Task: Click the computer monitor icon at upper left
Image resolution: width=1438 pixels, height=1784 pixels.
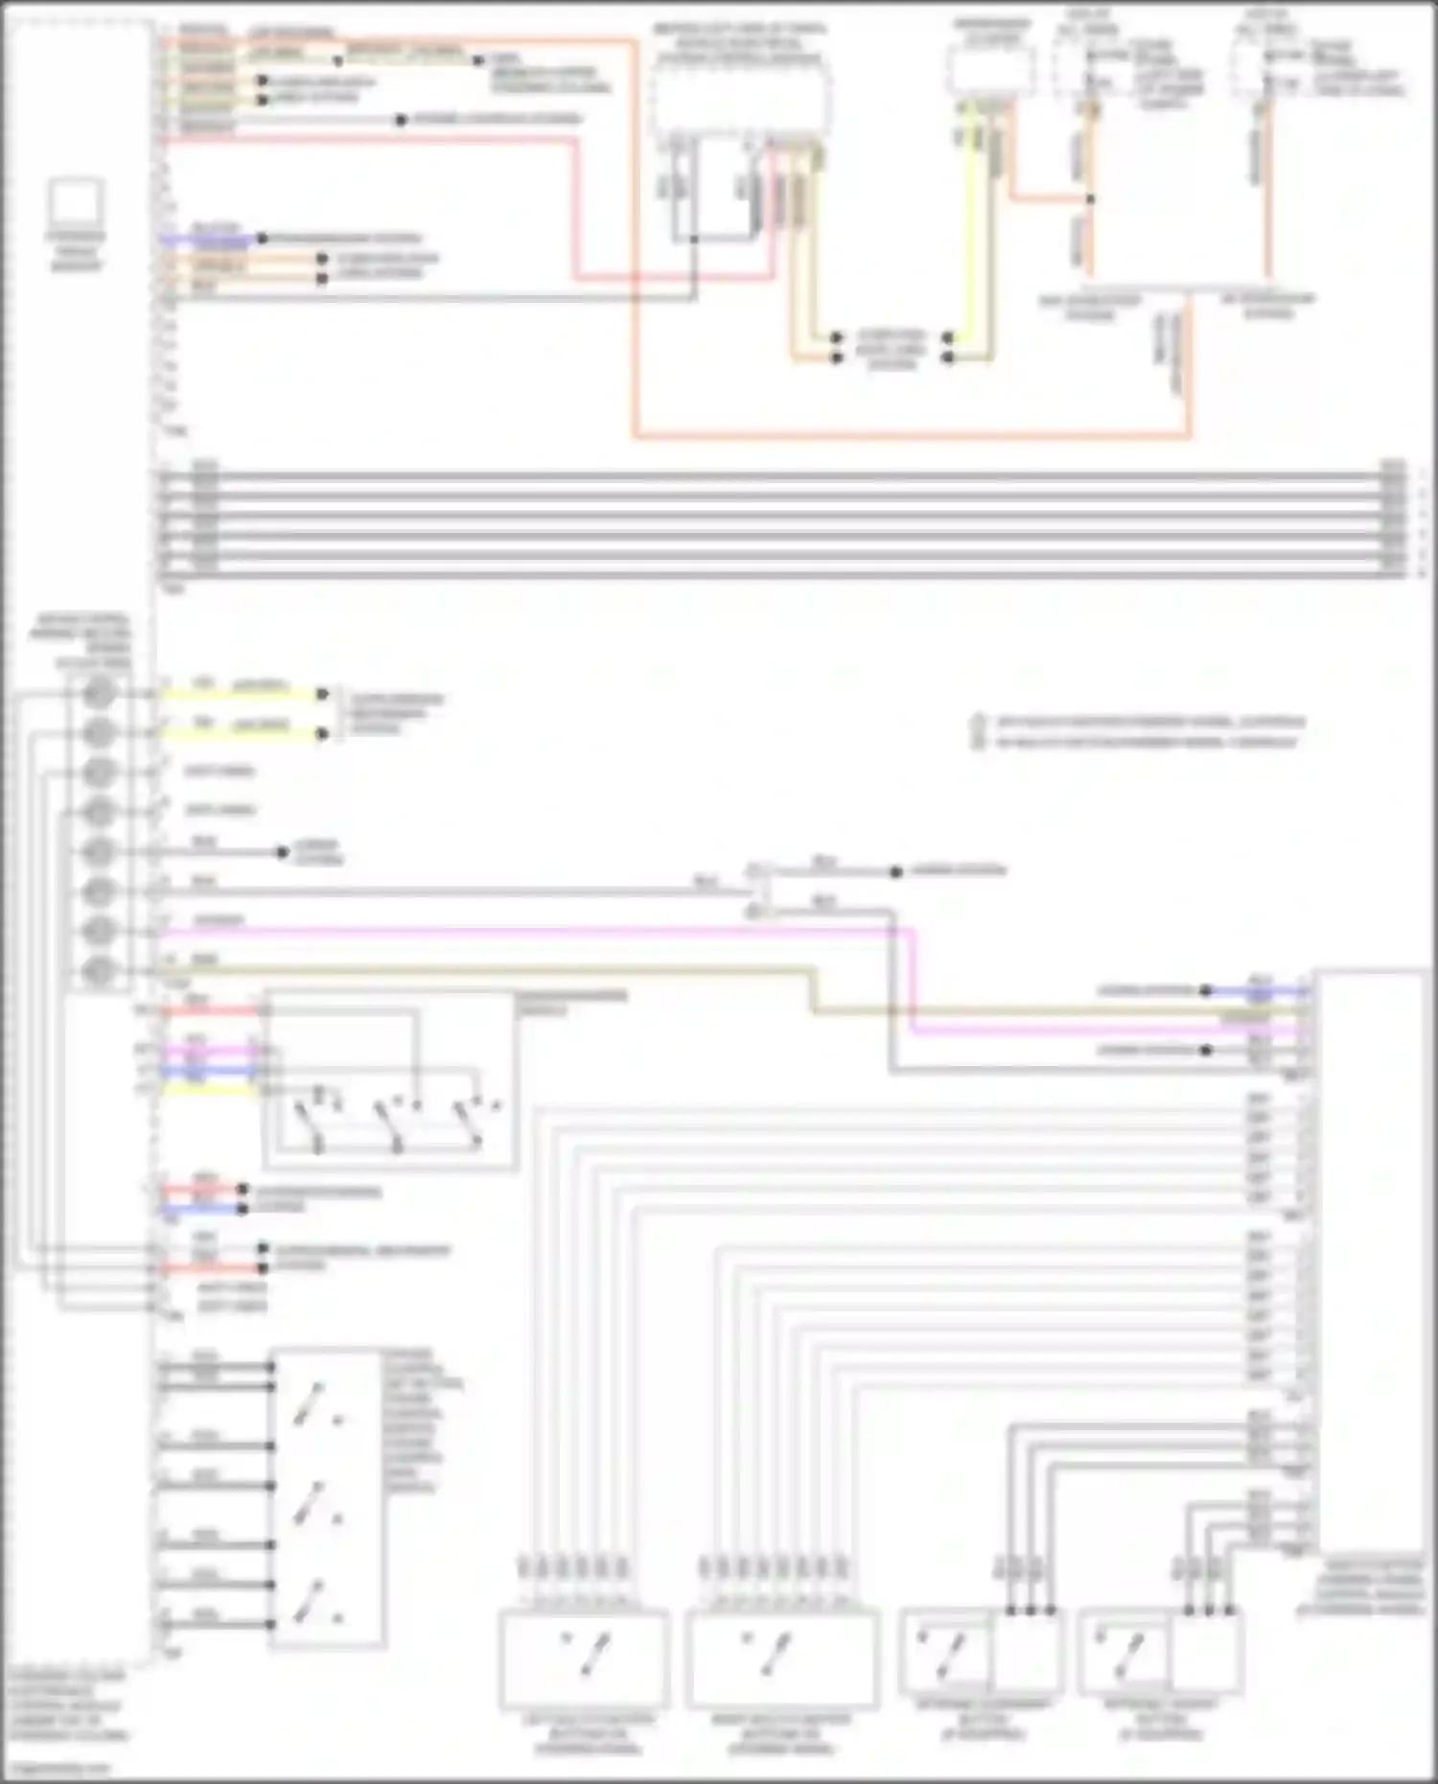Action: pos(76,202)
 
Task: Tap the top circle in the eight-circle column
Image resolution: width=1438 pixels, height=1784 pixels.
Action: pos(98,692)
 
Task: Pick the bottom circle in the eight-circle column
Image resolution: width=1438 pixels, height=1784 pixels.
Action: pos(98,971)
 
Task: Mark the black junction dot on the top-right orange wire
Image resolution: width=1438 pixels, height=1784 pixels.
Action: pos(1090,199)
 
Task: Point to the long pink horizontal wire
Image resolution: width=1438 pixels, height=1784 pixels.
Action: pos(537,930)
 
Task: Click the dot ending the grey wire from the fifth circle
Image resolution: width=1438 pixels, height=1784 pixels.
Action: pos(282,851)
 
